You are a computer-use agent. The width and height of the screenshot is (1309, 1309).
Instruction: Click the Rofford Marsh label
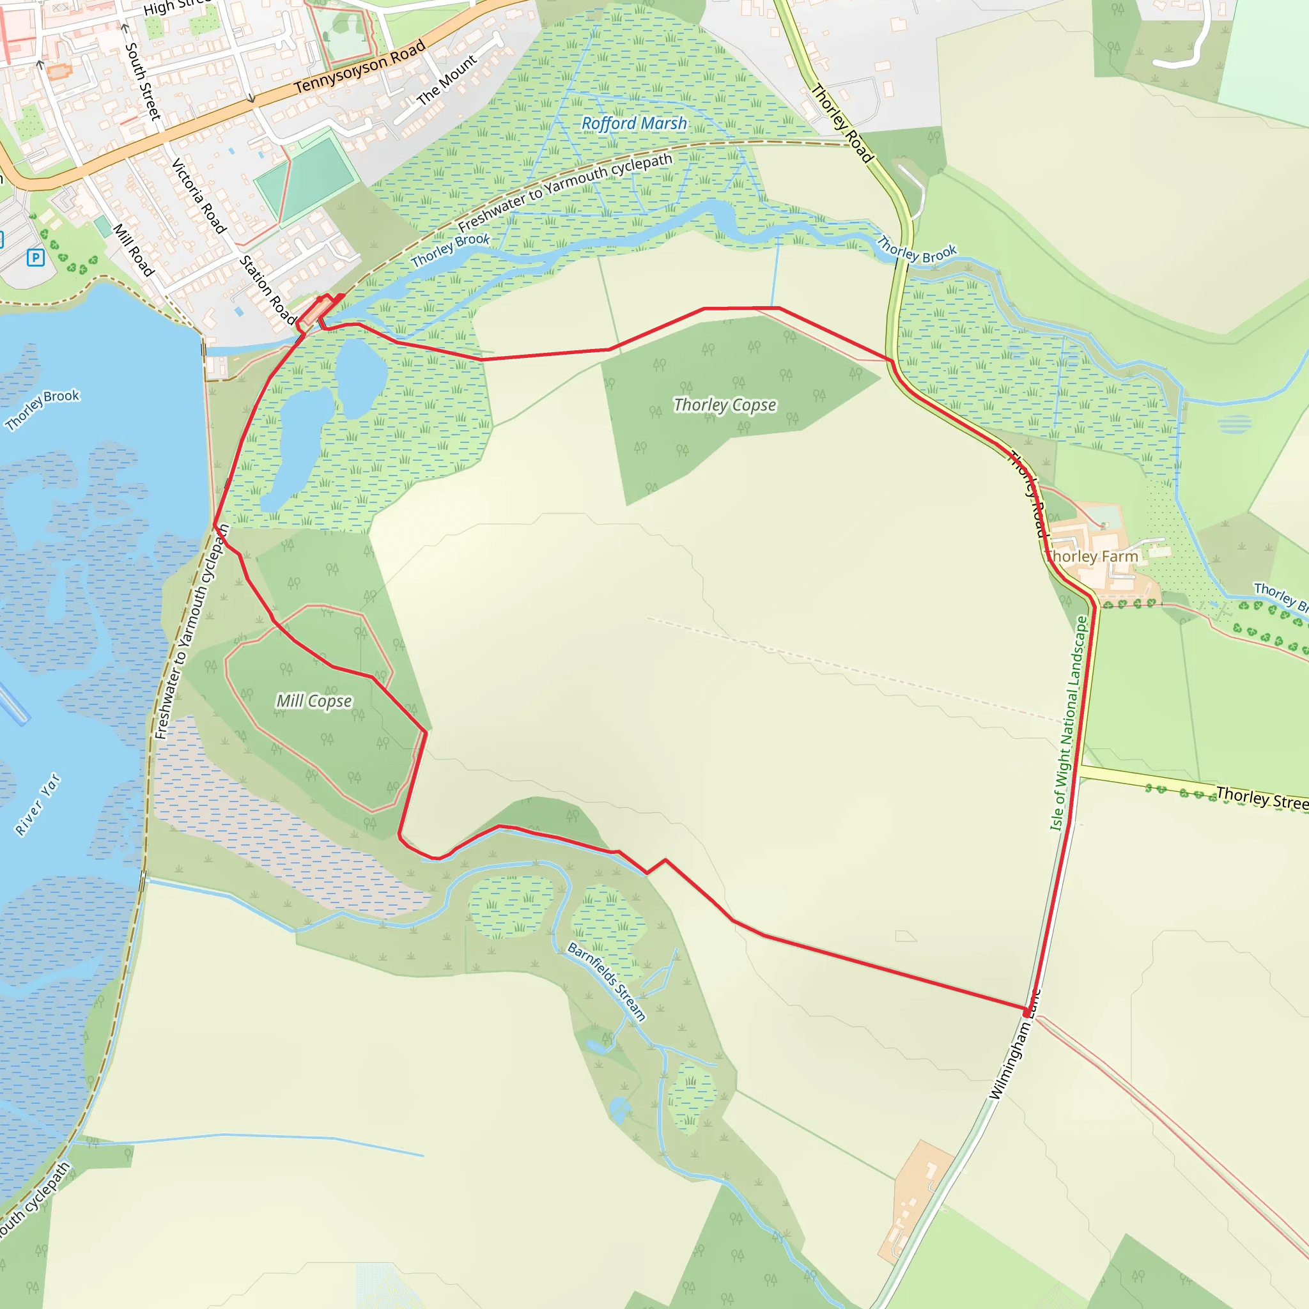point(634,123)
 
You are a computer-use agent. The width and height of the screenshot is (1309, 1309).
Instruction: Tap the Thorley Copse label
point(724,405)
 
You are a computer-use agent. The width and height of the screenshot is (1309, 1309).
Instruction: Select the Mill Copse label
point(314,701)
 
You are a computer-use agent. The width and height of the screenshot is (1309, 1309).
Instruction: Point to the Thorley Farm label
point(1091,556)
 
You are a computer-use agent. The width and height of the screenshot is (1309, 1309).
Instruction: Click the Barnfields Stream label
point(607,981)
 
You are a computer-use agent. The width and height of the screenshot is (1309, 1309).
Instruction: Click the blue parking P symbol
point(36,258)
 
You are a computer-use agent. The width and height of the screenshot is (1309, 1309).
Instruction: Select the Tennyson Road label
point(360,66)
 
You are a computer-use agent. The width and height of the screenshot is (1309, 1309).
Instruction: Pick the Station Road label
point(268,290)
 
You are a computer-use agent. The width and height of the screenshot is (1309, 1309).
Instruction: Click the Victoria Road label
point(199,196)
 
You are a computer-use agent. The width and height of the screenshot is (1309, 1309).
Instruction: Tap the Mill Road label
point(134,249)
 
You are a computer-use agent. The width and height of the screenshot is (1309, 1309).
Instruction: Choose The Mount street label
point(447,81)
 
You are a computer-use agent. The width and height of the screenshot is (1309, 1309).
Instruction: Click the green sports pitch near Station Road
point(306,178)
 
